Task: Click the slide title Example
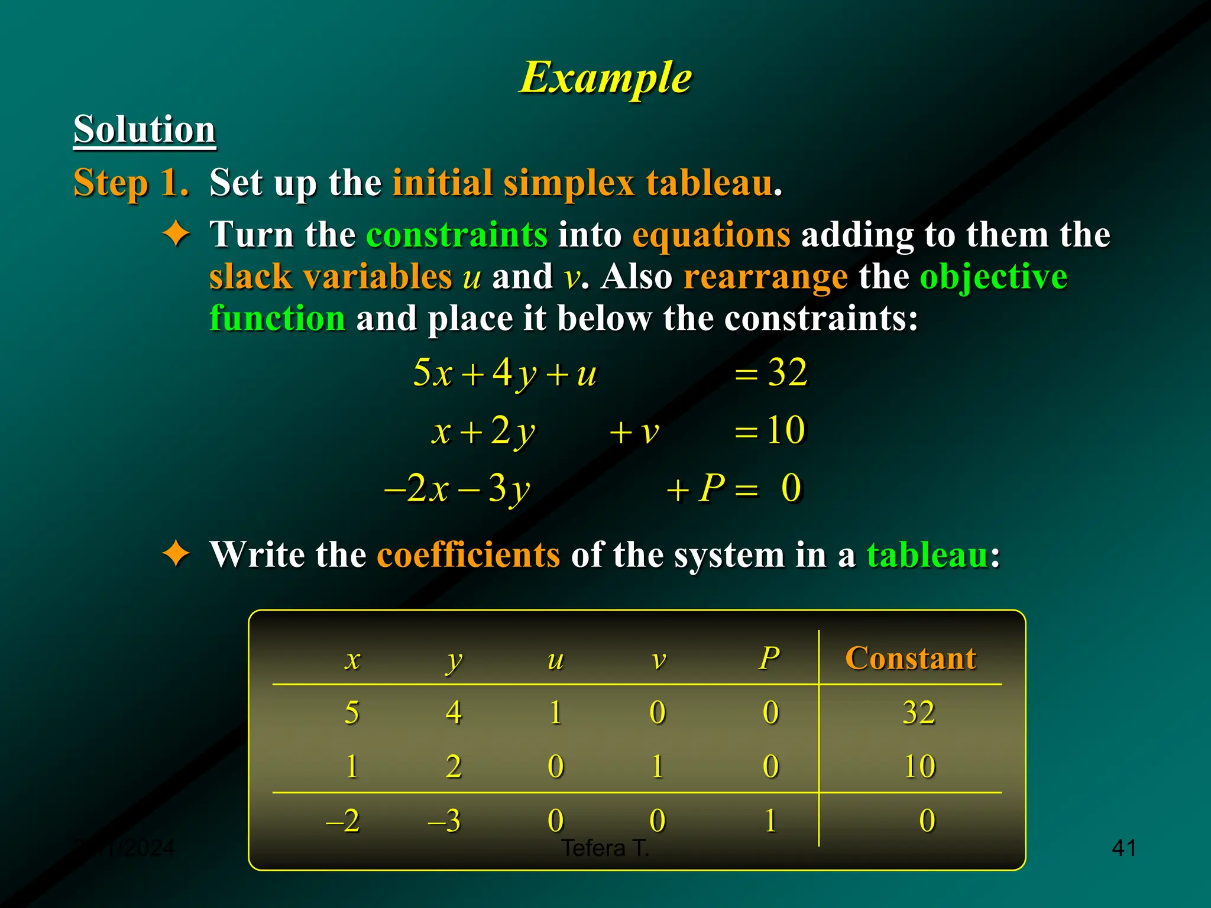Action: pos(605,77)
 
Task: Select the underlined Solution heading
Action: pos(144,129)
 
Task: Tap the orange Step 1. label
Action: pos(131,182)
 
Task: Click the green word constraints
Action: pos(456,235)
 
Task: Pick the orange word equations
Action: pos(711,235)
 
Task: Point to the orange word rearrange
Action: pos(765,276)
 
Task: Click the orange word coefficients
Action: pos(468,554)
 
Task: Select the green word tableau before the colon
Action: pos(927,554)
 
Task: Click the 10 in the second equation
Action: pos(786,430)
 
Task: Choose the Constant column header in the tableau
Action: pos(910,658)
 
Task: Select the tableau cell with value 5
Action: pos(352,712)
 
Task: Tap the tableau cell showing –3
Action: pos(444,821)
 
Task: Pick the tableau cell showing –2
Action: pos(343,821)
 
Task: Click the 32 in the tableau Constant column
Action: pos(918,712)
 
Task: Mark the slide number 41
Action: pos(1123,848)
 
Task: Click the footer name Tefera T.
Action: pos(605,848)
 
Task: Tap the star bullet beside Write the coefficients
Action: pos(176,554)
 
